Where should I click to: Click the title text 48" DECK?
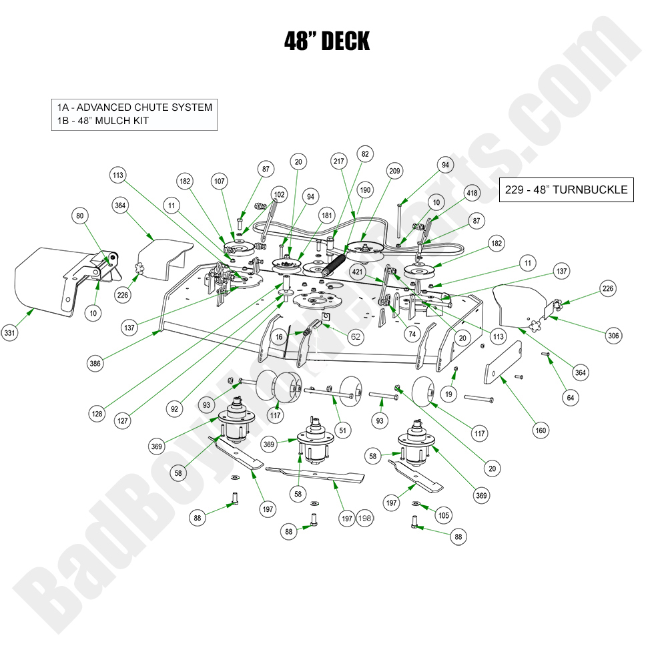(326, 41)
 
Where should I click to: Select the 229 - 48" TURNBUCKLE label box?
(566, 190)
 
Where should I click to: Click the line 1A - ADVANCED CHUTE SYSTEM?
(135, 107)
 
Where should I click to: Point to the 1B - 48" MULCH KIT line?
(103, 121)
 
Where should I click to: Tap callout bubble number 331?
(9, 333)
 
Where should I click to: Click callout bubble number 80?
(80, 216)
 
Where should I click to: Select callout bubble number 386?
(95, 364)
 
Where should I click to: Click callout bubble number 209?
(395, 172)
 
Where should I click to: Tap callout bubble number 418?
(472, 194)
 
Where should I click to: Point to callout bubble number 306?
(613, 336)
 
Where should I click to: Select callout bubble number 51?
(343, 431)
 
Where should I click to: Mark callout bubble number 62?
(356, 337)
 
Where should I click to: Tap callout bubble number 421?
(358, 272)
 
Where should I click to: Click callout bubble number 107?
(220, 181)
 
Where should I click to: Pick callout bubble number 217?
(339, 161)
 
